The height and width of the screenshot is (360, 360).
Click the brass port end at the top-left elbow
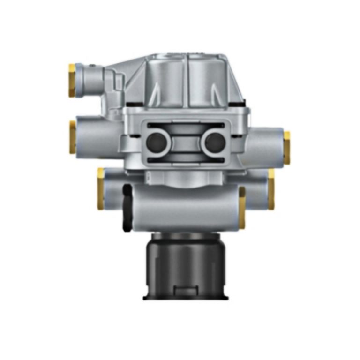(x=72, y=80)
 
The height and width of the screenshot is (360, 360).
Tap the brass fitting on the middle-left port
(x=73, y=137)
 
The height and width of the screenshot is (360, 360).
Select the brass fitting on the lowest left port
(x=101, y=188)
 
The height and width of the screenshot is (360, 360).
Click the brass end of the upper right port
(x=286, y=148)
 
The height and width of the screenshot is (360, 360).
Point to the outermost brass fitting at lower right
(x=271, y=189)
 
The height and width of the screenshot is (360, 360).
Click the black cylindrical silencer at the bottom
(x=186, y=262)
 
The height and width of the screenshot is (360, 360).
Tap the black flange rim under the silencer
(x=186, y=297)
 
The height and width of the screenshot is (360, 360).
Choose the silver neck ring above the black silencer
(x=186, y=233)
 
